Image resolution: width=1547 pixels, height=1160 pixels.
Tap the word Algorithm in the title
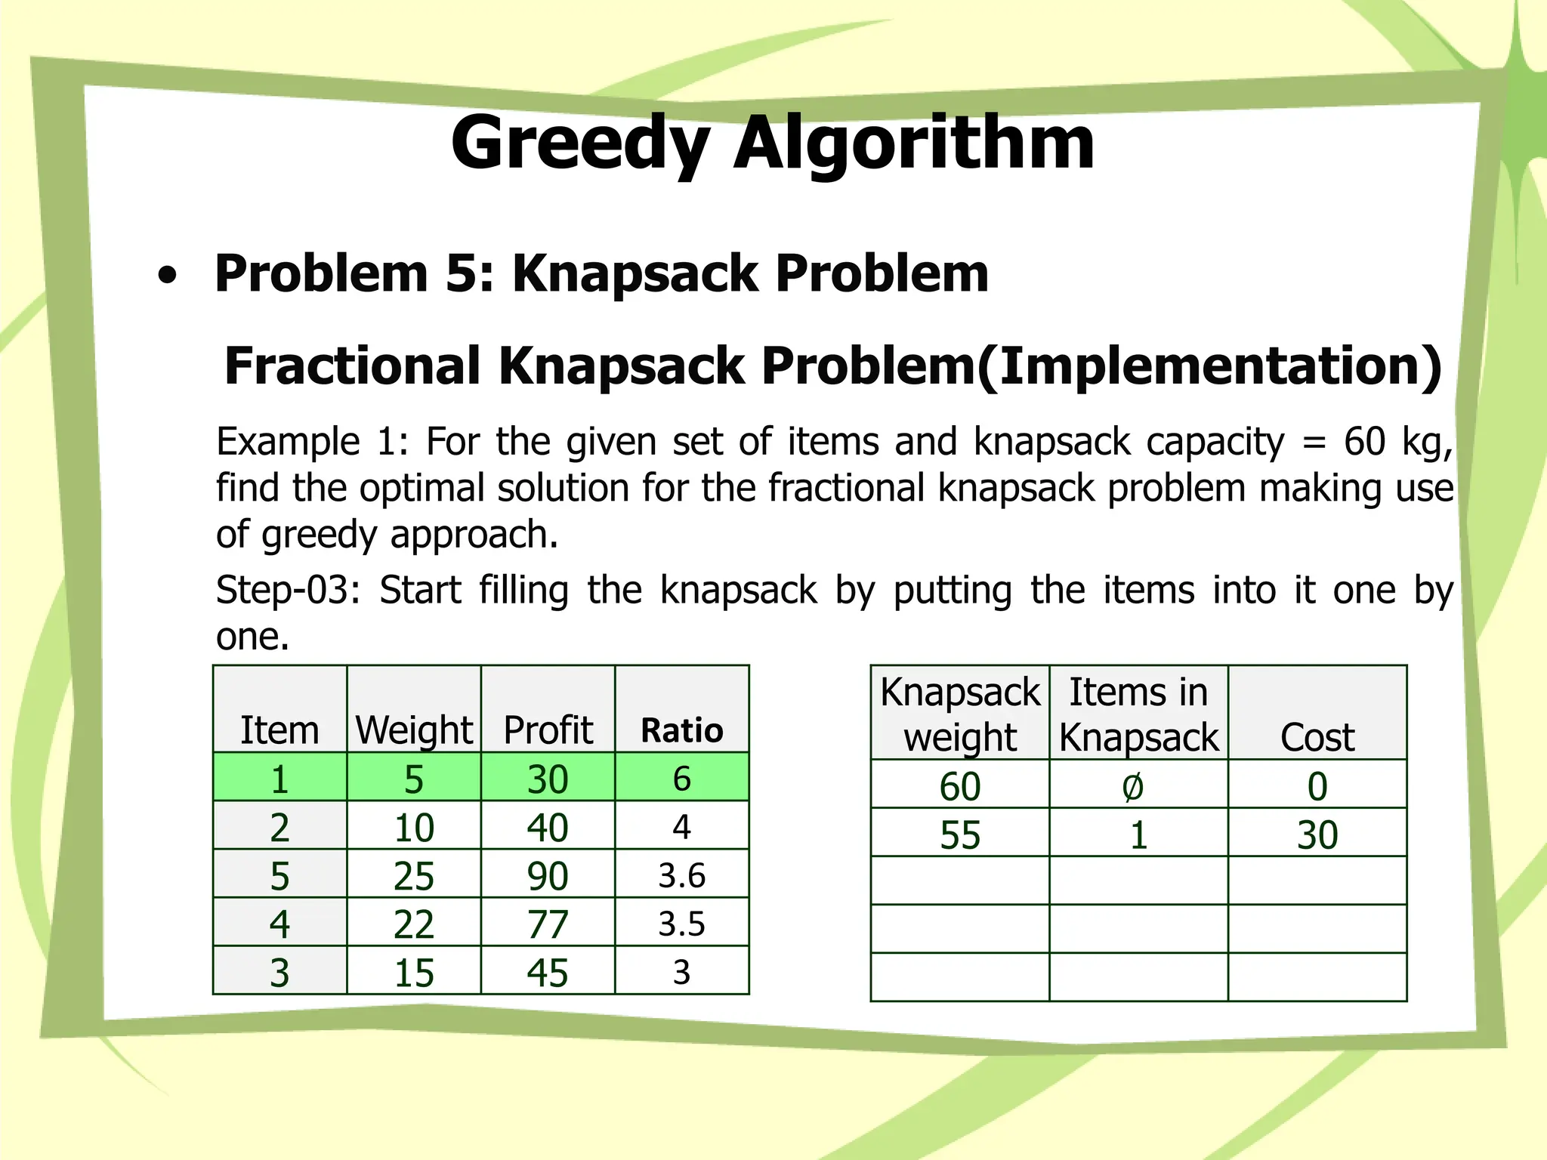pos(914,143)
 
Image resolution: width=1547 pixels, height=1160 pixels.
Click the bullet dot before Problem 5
pos(168,276)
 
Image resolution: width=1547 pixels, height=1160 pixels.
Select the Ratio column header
pos(681,730)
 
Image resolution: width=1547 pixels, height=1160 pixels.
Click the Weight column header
pos(414,730)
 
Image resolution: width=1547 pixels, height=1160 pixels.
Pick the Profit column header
pos(548,730)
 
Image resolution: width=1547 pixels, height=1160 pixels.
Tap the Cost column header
pos(1317,737)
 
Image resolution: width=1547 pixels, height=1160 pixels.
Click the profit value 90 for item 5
pos(548,876)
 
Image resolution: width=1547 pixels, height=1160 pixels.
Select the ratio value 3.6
pos(681,876)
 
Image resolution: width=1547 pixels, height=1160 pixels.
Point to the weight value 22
pos(414,924)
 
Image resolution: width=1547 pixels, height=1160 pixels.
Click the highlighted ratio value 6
pos(681,779)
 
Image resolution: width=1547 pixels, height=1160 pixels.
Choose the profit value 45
pos(548,973)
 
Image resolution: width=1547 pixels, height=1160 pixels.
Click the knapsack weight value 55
pos(960,835)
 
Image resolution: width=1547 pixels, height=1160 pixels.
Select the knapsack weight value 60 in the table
pos(960,787)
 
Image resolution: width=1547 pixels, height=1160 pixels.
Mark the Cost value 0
pos(1317,787)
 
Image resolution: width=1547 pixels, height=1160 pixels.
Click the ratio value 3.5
pos(681,924)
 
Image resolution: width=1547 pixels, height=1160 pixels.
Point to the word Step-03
pos(287,590)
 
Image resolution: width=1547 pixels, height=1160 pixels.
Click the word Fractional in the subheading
pos(352,366)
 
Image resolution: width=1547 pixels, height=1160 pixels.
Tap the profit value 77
pos(548,924)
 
